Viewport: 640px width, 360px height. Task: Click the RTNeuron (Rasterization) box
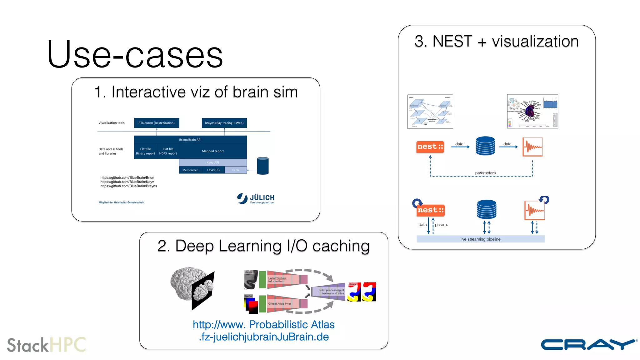[x=157, y=123]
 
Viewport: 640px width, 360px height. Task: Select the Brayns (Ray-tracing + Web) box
[x=224, y=123]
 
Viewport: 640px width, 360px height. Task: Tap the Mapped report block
[x=212, y=151]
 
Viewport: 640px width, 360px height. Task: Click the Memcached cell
[x=190, y=170]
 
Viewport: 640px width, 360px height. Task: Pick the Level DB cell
[x=213, y=170]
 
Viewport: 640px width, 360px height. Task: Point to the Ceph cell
[x=236, y=170]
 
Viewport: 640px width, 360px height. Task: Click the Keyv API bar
[x=212, y=162]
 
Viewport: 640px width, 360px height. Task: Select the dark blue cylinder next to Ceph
[x=262, y=166]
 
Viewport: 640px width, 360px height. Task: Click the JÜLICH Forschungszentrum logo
[x=256, y=198]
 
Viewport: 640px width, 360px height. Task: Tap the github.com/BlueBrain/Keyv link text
[x=127, y=182]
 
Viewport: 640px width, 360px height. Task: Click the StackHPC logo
[x=46, y=345]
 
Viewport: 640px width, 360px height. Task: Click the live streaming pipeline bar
[x=480, y=239]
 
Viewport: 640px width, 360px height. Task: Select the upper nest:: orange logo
[x=430, y=147]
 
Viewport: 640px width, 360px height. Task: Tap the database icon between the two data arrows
[x=485, y=146]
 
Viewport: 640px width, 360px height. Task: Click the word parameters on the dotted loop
[x=485, y=173]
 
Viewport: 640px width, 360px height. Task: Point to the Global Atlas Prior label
[x=279, y=303]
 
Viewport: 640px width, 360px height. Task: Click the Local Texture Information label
[x=277, y=280]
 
